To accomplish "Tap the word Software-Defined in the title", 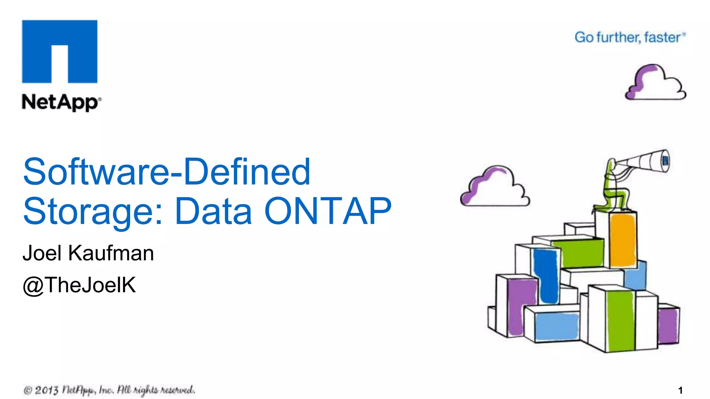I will coord(166,172).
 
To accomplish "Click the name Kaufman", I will coord(111,253).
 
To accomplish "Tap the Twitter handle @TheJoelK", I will coord(79,285).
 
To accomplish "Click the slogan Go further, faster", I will coord(629,37).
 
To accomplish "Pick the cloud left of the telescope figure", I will coord(495,187).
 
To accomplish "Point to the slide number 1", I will coord(680,390).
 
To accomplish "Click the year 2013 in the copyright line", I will coord(46,390).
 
